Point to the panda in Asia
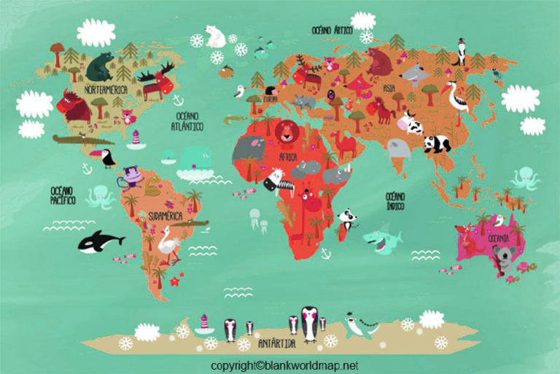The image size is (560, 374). click(437, 143)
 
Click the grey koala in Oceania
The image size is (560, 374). click(502, 257)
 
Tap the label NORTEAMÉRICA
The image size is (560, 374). click(106, 90)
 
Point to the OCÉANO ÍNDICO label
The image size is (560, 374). click(396, 200)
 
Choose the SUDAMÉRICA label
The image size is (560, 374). click(166, 217)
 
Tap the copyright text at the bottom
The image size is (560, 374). click(284, 365)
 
